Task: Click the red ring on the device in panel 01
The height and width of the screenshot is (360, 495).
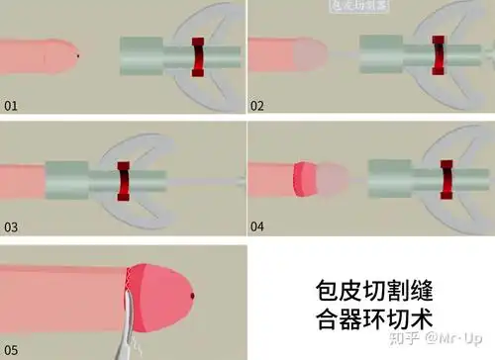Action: [199, 56]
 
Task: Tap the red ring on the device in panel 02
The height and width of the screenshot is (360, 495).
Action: [438, 56]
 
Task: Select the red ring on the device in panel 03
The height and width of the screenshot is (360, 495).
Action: [124, 179]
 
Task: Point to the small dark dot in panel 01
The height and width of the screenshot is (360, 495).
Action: [78, 55]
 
